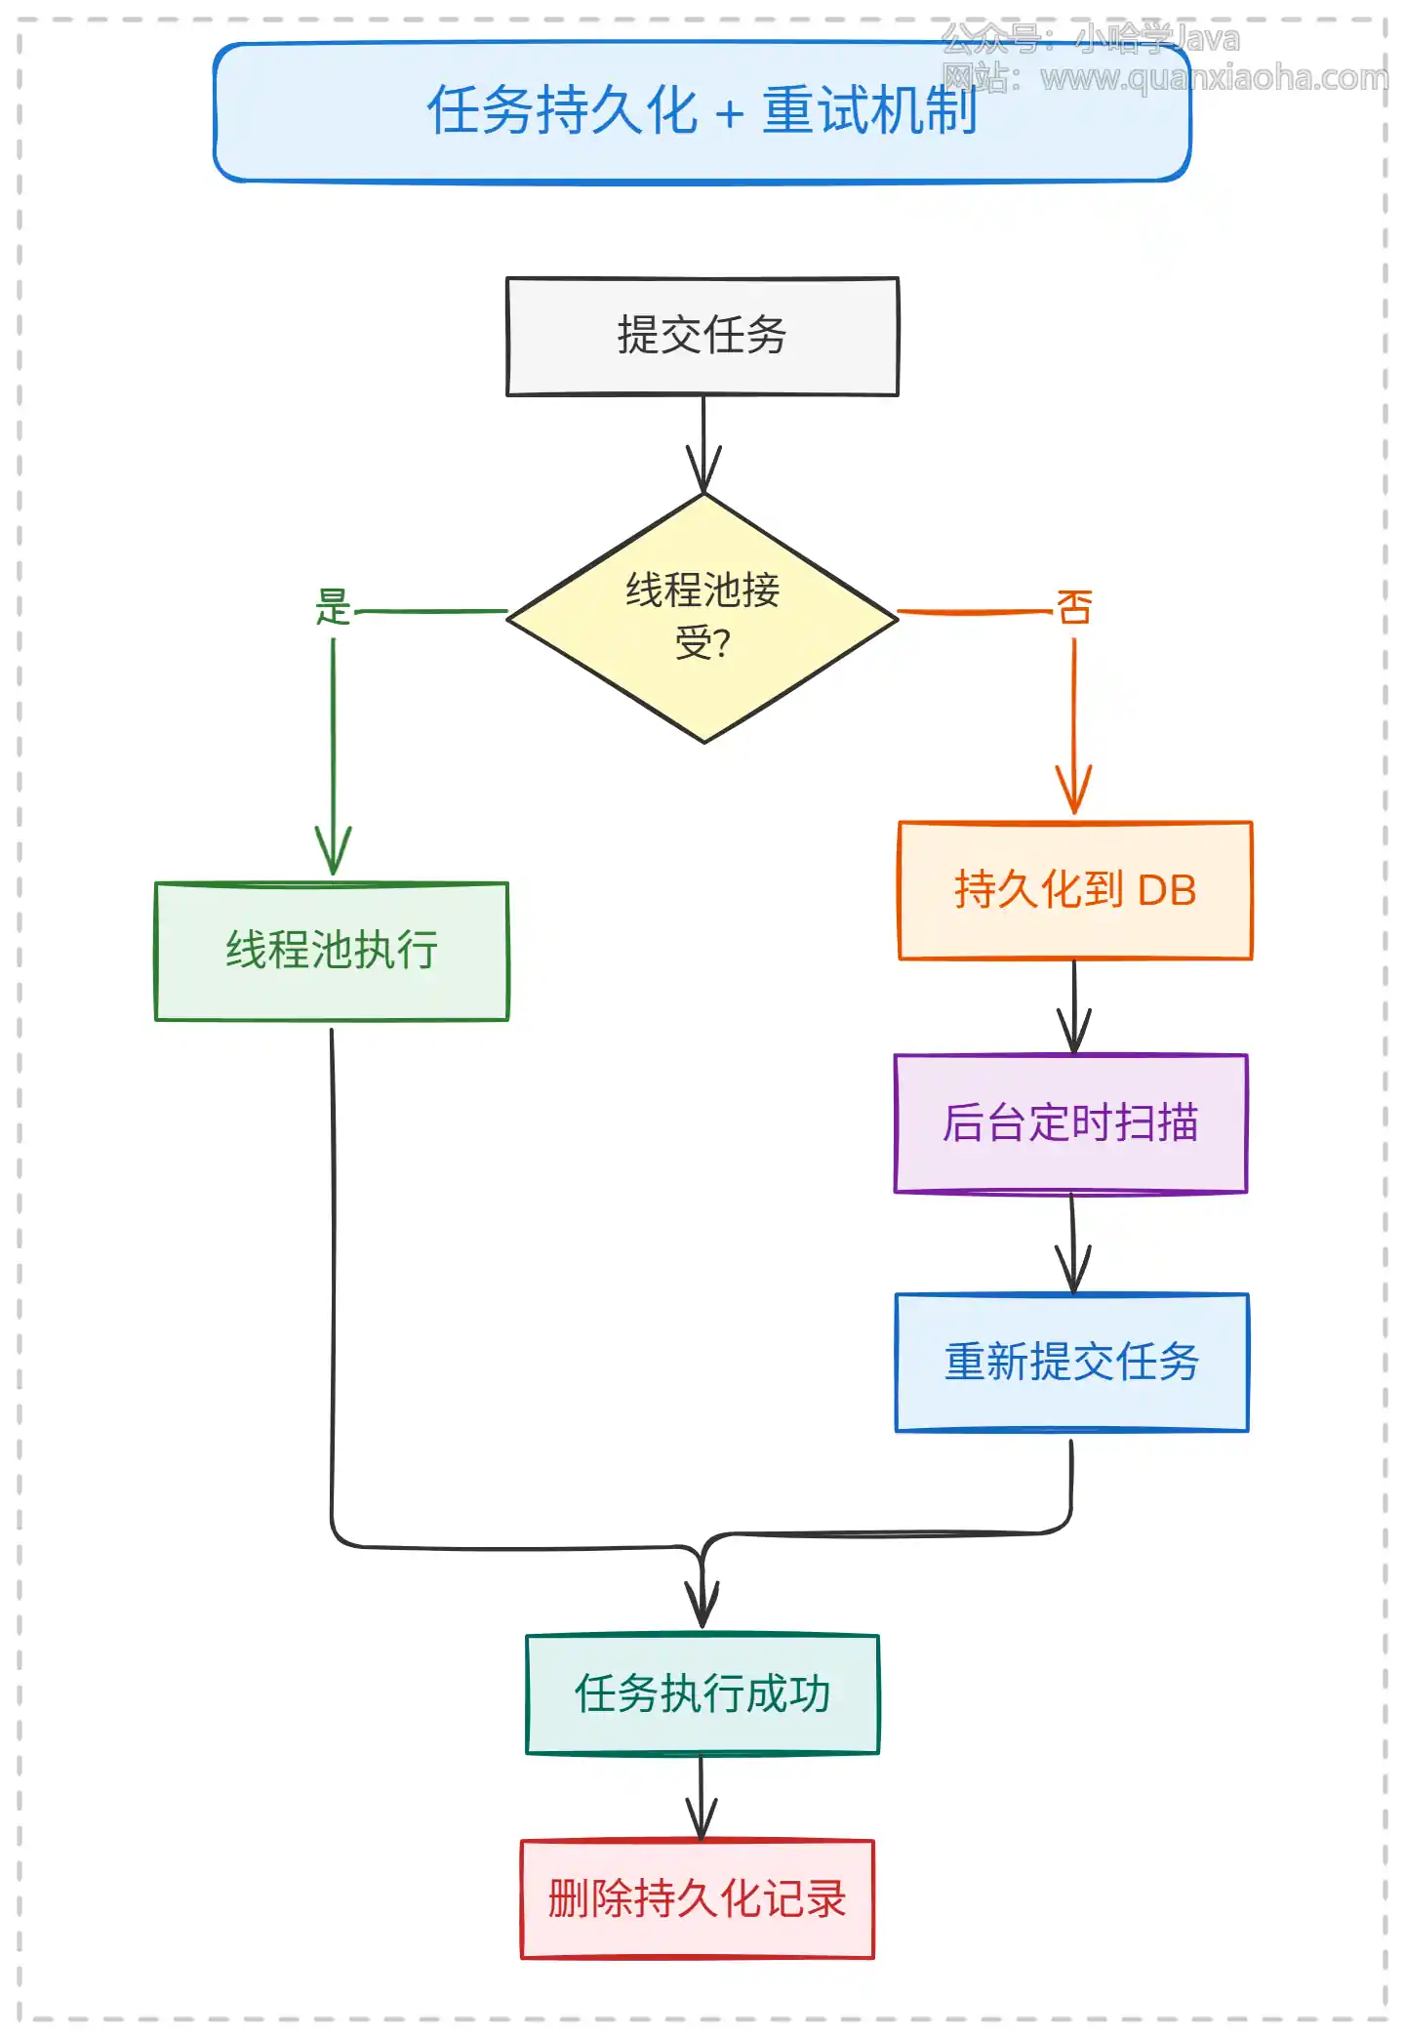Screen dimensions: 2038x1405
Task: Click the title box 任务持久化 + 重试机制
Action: pyautogui.click(x=702, y=111)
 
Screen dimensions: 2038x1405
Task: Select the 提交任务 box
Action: pyautogui.click(x=702, y=336)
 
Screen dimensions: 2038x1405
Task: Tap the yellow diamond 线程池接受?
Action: pyautogui.click(x=702, y=617)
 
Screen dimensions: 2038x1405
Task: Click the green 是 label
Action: pyautogui.click(x=333, y=607)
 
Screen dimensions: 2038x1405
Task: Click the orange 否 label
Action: pyautogui.click(x=1074, y=607)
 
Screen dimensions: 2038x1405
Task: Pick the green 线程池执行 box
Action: pyautogui.click(x=332, y=951)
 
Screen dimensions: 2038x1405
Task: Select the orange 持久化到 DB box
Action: pyautogui.click(x=1074, y=890)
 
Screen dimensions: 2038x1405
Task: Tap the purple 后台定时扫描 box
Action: pyautogui.click(x=1070, y=1122)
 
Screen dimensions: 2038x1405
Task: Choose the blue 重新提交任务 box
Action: pyautogui.click(x=1071, y=1362)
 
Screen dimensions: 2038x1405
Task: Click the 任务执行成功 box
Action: pyautogui.click(x=702, y=1693)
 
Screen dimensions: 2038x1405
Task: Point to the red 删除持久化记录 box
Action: pyautogui.click(x=697, y=1898)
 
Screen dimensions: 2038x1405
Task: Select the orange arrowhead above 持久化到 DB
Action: pyautogui.click(x=1074, y=791)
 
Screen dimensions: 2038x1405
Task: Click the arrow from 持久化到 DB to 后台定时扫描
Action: pyautogui.click(x=1074, y=1005)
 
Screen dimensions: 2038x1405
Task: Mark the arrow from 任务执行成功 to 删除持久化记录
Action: pyautogui.click(x=701, y=1796)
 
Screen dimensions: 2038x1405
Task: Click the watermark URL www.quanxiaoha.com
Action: pyautogui.click(x=1214, y=77)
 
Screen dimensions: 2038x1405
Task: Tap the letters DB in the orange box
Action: pyautogui.click(x=1167, y=890)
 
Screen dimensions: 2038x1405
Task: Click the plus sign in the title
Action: pyautogui.click(x=729, y=114)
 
